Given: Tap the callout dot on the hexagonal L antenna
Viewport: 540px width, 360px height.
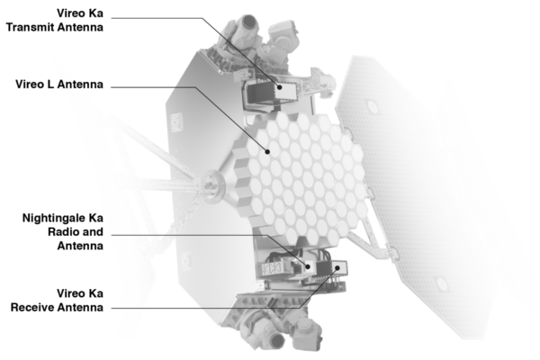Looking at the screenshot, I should [x=267, y=154].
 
